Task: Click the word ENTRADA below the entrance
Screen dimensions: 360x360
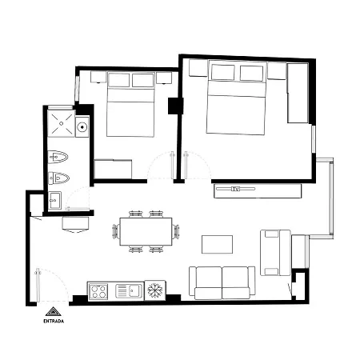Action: click(x=54, y=321)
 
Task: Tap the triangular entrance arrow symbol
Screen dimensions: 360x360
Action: click(x=54, y=311)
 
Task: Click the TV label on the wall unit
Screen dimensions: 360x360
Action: click(x=235, y=189)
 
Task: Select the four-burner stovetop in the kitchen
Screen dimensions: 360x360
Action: click(x=98, y=291)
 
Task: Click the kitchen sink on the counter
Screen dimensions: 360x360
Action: click(x=129, y=290)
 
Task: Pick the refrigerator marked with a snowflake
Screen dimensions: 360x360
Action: click(x=155, y=290)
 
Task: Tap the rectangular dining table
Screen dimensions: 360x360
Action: click(x=146, y=231)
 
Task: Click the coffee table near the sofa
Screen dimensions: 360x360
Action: click(x=217, y=244)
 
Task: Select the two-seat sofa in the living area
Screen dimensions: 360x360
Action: click(x=222, y=282)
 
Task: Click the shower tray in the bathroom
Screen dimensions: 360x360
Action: click(x=61, y=124)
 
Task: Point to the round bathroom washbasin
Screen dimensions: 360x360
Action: click(x=82, y=127)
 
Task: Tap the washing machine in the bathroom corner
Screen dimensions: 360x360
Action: click(x=54, y=200)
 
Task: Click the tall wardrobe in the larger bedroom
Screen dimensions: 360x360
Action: click(x=298, y=93)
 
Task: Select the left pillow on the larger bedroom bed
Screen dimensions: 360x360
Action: click(x=223, y=72)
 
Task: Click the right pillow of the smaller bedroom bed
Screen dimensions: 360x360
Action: click(x=143, y=80)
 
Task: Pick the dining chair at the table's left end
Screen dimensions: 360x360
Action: click(x=116, y=232)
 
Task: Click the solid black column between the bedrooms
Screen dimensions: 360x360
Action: click(x=175, y=106)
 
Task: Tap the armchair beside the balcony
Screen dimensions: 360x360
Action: click(x=275, y=253)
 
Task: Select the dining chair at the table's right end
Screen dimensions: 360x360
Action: click(x=176, y=231)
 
